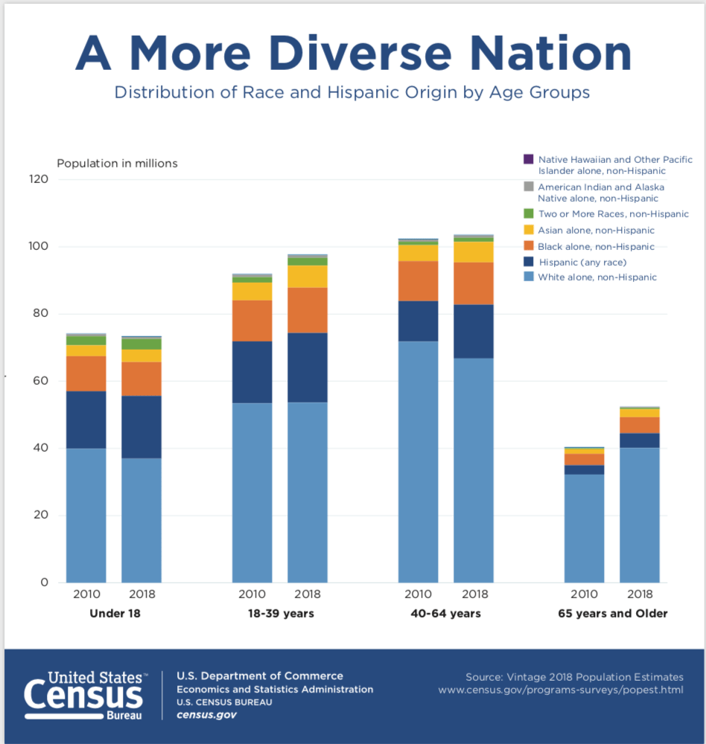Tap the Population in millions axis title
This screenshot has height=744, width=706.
[x=117, y=163]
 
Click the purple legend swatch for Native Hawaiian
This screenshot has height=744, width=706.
[x=529, y=159]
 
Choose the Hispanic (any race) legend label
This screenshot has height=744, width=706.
[x=582, y=262]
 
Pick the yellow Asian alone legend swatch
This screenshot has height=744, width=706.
[x=529, y=231]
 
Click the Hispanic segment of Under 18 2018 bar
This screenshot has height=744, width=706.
[x=141, y=426]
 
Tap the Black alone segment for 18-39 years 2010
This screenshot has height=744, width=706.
[x=252, y=321]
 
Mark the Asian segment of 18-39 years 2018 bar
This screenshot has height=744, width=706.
[x=307, y=276]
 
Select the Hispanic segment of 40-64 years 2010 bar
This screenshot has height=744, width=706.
[x=418, y=321]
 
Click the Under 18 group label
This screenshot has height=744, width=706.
[x=115, y=614]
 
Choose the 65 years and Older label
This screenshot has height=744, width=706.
[x=612, y=614]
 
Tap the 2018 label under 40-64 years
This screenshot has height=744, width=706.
[x=474, y=594]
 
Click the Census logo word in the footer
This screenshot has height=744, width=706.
[x=83, y=697]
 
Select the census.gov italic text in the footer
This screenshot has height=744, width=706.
[x=206, y=715]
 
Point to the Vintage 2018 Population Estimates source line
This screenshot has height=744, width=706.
[x=573, y=677]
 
